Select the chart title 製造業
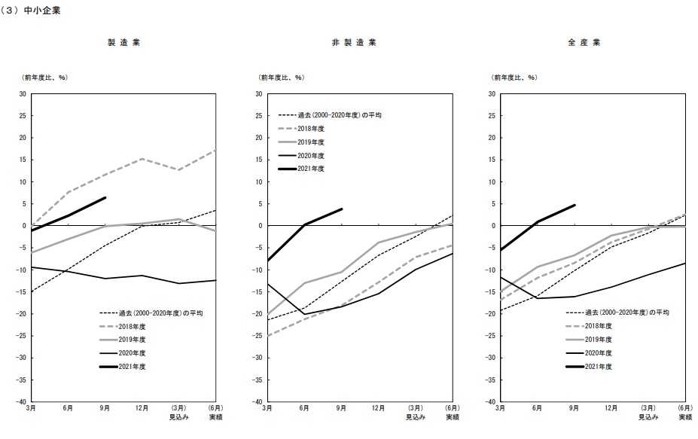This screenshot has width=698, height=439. click(x=123, y=42)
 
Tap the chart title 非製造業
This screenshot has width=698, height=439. click(x=354, y=42)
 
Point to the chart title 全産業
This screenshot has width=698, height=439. click(x=584, y=42)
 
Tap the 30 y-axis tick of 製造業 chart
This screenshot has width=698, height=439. click(x=23, y=94)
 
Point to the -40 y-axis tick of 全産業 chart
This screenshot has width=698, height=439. click(x=489, y=401)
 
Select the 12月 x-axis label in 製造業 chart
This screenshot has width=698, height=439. click(x=141, y=408)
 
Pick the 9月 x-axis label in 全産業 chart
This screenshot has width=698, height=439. click(x=574, y=408)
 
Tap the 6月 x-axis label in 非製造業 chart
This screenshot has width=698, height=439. click(x=304, y=408)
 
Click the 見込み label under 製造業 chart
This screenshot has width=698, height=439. click(x=178, y=417)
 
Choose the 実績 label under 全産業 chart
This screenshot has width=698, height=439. click(x=685, y=417)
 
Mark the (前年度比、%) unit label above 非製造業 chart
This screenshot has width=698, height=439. click(x=279, y=77)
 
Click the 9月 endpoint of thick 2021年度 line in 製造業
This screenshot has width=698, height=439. click(x=105, y=197)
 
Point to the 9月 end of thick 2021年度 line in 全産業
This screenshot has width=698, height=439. click(x=574, y=205)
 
